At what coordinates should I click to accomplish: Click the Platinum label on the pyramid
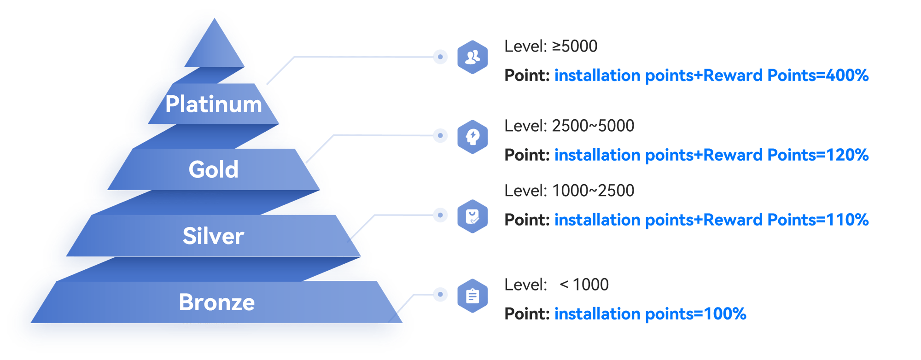214,104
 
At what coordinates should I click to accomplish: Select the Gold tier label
214,169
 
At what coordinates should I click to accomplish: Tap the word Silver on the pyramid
213,236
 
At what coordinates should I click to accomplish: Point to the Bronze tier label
216,302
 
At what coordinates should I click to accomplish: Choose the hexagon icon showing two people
472,57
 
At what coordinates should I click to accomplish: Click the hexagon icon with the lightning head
472,137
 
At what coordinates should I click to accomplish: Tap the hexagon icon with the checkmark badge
472,216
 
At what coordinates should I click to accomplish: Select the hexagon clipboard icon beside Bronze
472,296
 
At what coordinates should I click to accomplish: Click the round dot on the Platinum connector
440,57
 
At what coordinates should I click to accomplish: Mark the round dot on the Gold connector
440,135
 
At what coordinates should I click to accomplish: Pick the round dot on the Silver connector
440,215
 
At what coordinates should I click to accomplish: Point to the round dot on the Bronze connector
440,294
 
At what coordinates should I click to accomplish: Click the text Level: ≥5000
551,46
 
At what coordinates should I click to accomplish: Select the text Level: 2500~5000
569,126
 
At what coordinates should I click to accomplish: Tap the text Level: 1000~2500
569,191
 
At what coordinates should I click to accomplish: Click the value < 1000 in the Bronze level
584,285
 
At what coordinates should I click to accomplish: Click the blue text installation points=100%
650,314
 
